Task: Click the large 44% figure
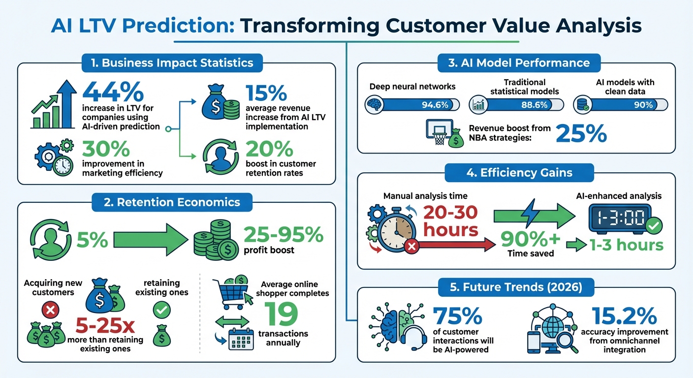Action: pyautogui.click(x=113, y=92)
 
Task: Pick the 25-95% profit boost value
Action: pyautogui.click(x=283, y=235)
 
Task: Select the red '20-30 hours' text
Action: pyautogui.click(x=451, y=221)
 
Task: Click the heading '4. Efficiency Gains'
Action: pyautogui.click(x=519, y=173)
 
